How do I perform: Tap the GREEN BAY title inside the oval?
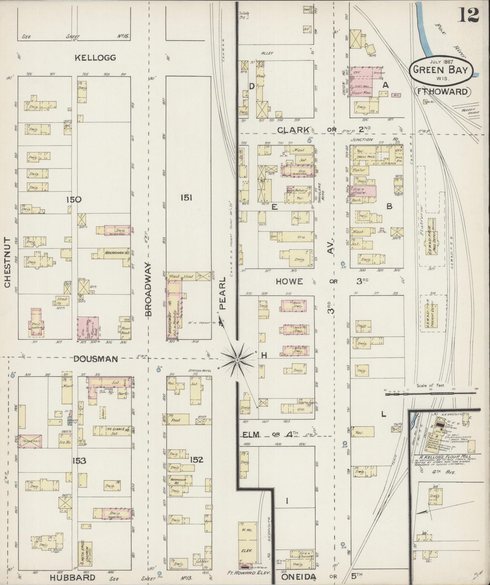click(x=443, y=70)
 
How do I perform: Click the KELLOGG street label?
click(x=95, y=58)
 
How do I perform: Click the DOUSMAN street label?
click(x=96, y=359)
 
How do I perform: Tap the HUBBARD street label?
click(x=73, y=577)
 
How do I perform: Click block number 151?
click(x=186, y=198)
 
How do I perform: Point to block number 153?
click(x=79, y=461)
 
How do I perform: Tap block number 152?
click(x=196, y=460)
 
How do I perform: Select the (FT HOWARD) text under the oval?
click(x=442, y=91)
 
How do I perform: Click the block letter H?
click(x=264, y=355)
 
